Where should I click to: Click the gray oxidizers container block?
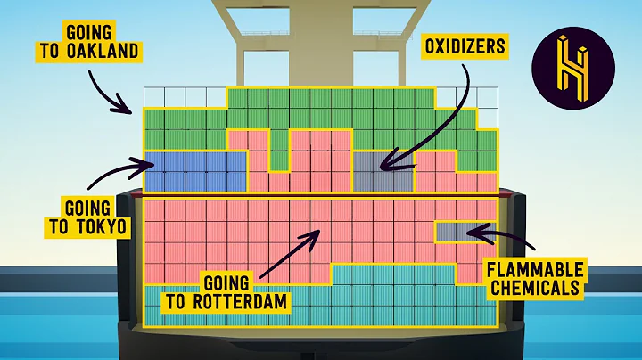[x=382, y=170]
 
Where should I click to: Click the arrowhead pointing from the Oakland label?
[x=133, y=110]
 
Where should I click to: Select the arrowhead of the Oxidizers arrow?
[x=379, y=166]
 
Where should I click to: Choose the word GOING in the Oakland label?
[x=68, y=31]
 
